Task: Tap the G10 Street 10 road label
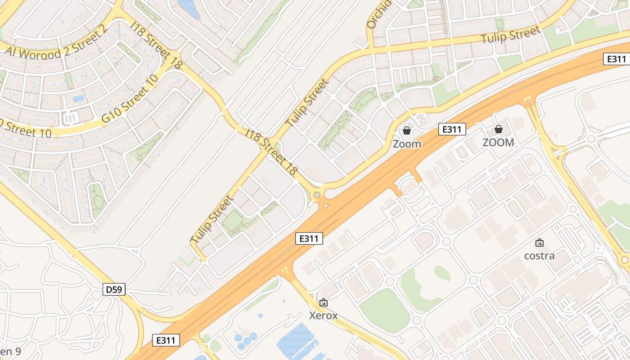coord(130,99)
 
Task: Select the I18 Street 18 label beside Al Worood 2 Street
coord(157,45)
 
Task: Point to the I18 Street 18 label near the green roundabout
coord(272,151)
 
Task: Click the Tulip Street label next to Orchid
coord(510,35)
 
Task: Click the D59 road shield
coord(114,289)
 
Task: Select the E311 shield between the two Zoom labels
coord(452,130)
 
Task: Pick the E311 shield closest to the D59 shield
coord(166,340)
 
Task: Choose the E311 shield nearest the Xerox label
coord(309,238)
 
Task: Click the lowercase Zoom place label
coord(407,144)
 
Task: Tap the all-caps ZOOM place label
coord(498,143)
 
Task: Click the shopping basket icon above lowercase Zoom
coord(407,130)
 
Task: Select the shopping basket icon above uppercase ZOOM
coord(498,129)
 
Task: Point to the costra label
coord(539,256)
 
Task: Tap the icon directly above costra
coord(539,243)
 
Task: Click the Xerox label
coord(323,315)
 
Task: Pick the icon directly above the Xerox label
coord(323,302)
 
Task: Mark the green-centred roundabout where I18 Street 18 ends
coord(317,195)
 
